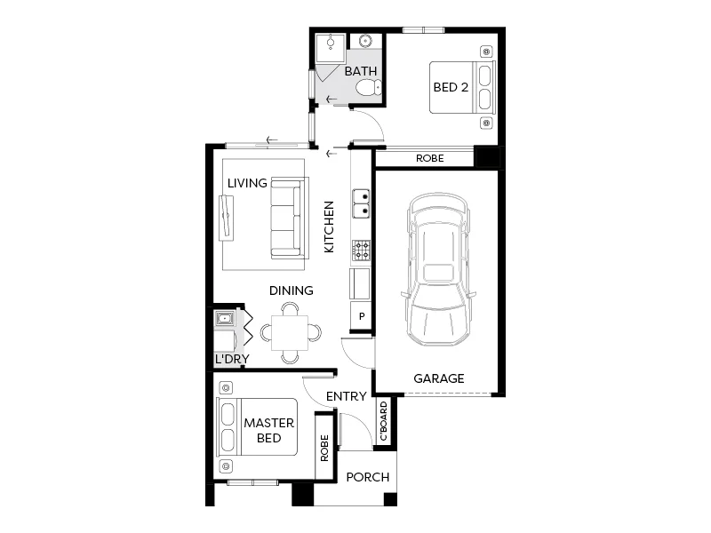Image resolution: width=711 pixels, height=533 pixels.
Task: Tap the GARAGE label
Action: pyautogui.click(x=439, y=378)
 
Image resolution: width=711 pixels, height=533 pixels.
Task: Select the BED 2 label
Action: pyautogui.click(x=451, y=87)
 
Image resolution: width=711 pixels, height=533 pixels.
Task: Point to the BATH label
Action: pyautogui.click(x=360, y=71)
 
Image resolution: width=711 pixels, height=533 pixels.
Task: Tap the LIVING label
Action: pyautogui.click(x=247, y=183)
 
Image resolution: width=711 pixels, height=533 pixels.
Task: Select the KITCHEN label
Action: pyautogui.click(x=329, y=227)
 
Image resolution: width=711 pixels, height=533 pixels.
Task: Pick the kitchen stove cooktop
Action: pyautogui.click(x=362, y=251)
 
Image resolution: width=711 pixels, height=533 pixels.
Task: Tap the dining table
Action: pyautogui.click(x=291, y=333)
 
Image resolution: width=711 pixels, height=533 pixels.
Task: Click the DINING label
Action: pyautogui.click(x=292, y=290)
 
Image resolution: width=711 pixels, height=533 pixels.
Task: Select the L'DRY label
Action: pyautogui.click(x=231, y=360)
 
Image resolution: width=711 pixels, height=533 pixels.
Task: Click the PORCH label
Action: pyautogui.click(x=368, y=477)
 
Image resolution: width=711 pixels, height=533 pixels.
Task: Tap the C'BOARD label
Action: pyautogui.click(x=384, y=422)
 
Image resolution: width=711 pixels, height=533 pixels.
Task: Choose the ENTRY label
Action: pyautogui.click(x=347, y=396)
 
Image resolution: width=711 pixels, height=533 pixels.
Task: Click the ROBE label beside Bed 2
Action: pyautogui.click(x=430, y=159)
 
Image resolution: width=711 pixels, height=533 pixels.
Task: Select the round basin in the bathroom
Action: pyautogui.click(x=366, y=41)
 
